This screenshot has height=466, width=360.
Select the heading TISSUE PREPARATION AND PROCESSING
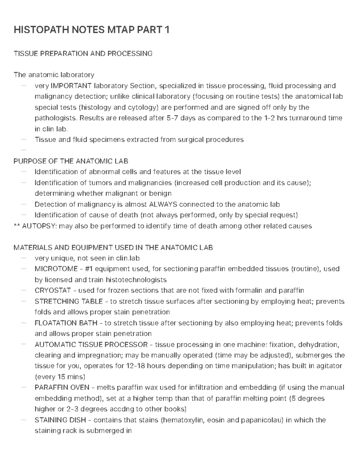point(83,53)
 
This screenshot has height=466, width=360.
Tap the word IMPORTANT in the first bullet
point(71,86)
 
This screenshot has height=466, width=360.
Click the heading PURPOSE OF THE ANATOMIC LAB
point(71,161)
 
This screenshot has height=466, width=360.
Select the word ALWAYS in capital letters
point(163,204)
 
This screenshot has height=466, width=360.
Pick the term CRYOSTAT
point(53,290)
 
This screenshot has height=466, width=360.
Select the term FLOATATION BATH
point(66,323)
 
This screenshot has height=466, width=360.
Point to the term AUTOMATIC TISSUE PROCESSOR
point(91,344)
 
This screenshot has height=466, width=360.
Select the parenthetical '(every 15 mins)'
point(60,377)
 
